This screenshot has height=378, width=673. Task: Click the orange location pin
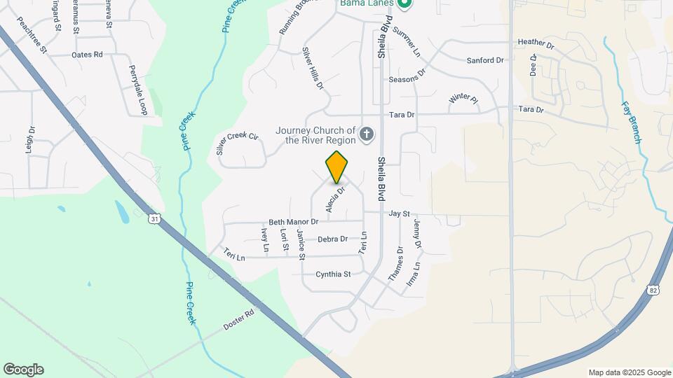coord(337,167)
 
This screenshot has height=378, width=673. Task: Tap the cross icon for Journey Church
coord(365,134)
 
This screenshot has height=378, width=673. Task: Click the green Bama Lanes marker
coord(404,3)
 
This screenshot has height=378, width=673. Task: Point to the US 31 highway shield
coord(154,219)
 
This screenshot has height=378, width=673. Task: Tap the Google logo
coord(23,370)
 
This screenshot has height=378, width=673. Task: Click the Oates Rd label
coord(87,54)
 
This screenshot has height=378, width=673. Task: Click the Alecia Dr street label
coord(336,199)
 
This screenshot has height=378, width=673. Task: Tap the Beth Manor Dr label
coord(294,222)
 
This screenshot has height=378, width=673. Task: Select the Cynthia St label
coord(333,274)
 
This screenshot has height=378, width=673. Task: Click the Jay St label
coord(399,213)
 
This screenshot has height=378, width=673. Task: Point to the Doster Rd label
coord(238,321)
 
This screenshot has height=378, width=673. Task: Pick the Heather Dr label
coord(536,43)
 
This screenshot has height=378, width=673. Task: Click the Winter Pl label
coord(463,99)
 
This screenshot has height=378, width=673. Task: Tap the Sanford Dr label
coord(485,61)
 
